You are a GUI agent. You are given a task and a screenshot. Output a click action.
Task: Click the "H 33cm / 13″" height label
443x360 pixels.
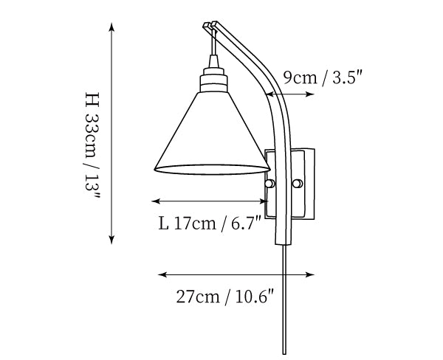click(x=92, y=145)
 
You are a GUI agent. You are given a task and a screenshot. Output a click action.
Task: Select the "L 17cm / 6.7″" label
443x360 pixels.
click(x=210, y=224)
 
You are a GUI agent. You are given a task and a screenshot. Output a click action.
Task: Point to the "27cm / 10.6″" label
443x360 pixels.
click(x=225, y=297)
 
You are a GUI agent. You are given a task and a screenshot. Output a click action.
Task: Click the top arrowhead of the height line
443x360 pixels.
click(x=112, y=27)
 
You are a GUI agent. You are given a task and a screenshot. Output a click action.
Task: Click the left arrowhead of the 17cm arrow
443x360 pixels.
click(x=156, y=201)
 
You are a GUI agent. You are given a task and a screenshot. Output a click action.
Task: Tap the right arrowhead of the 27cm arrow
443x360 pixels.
click(x=310, y=274)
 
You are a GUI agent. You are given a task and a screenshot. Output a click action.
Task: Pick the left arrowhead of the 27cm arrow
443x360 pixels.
click(x=162, y=274)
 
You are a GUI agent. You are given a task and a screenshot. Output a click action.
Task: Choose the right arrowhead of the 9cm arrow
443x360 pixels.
click(x=310, y=94)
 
